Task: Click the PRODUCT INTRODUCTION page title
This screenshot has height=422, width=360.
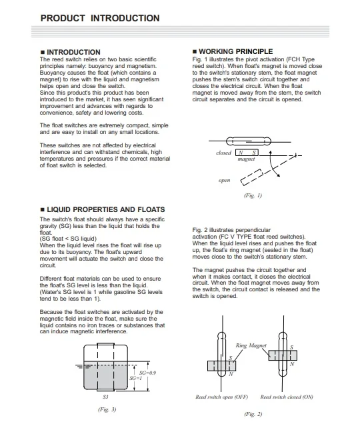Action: (x=100, y=18)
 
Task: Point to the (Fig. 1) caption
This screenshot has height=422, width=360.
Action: (x=253, y=195)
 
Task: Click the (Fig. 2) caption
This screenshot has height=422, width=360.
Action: (x=253, y=414)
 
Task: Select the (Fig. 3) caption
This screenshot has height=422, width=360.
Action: (x=107, y=409)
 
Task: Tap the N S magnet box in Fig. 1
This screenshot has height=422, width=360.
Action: (x=247, y=153)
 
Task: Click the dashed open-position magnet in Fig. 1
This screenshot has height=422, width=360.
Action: (x=252, y=177)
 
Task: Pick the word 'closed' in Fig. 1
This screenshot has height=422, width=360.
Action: (x=223, y=153)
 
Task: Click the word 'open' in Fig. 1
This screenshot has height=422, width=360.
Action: (x=225, y=180)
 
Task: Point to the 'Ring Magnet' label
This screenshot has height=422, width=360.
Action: (x=251, y=345)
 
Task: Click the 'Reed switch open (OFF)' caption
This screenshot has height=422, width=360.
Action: (x=222, y=397)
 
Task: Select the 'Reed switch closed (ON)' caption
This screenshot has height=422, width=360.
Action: (x=287, y=397)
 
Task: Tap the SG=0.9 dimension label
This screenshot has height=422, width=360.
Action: (x=147, y=373)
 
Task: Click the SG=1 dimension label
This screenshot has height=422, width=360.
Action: (x=135, y=378)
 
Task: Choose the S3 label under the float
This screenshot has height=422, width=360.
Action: (x=105, y=397)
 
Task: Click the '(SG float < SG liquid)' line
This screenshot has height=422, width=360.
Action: (x=68, y=239)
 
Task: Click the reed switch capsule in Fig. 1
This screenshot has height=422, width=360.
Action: (x=249, y=141)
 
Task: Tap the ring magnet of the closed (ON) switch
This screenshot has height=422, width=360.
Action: (x=283, y=355)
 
